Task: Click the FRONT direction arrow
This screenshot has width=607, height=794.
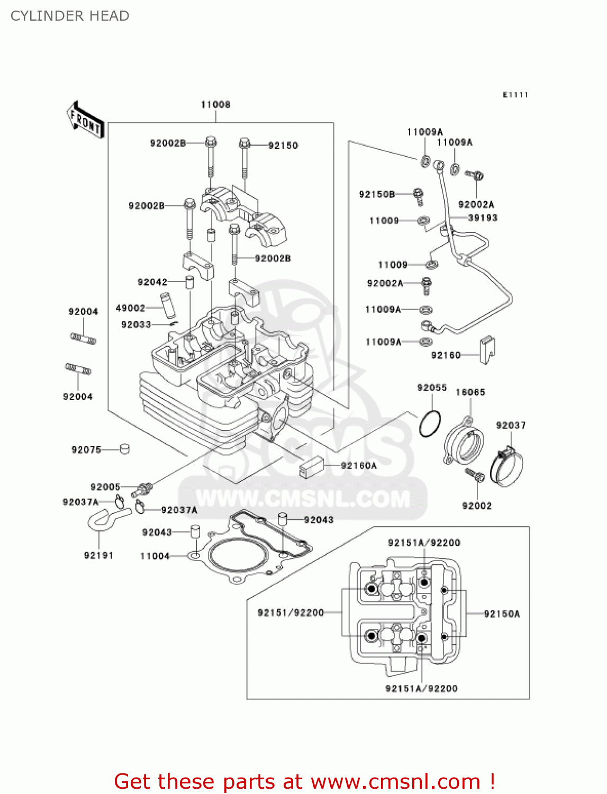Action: (85, 120)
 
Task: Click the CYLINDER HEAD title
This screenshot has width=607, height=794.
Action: (70, 16)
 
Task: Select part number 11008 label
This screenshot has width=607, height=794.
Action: (215, 104)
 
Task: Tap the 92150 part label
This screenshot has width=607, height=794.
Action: (283, 146)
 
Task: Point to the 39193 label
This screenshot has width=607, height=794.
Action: (483, 218)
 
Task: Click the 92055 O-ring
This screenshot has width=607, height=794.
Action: (430, 424)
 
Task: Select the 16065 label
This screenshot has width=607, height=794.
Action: (470, 392)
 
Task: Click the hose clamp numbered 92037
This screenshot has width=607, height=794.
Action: (506, 468)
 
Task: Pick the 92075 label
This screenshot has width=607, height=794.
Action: (86, 450)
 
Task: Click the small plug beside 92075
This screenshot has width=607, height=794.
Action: (125, 449)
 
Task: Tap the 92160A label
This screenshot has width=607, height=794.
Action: (359, 466)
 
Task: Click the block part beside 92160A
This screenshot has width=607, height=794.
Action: (311, 466)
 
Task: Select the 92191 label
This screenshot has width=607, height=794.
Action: (98, 555)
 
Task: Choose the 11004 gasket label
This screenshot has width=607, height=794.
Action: (155, 556)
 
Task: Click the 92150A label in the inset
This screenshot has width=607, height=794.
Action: (502, 614)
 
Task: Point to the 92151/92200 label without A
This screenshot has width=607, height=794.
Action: (291, 613)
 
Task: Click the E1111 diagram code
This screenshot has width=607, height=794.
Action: (515, 95)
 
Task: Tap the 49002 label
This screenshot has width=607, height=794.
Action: (130, 308)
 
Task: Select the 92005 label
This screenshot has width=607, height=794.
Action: (105, 487)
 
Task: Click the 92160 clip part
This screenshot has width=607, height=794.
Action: (487, 350)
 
